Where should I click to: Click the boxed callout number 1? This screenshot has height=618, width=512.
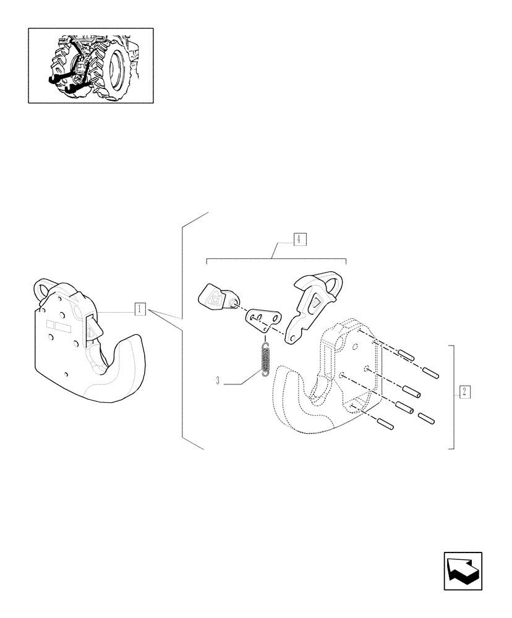140,308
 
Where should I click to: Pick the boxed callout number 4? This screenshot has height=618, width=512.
299,239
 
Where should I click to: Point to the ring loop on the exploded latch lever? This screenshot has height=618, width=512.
337,285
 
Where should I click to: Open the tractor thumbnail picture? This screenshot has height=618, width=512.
90,65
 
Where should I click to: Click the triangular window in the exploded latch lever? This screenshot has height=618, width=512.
316,301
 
